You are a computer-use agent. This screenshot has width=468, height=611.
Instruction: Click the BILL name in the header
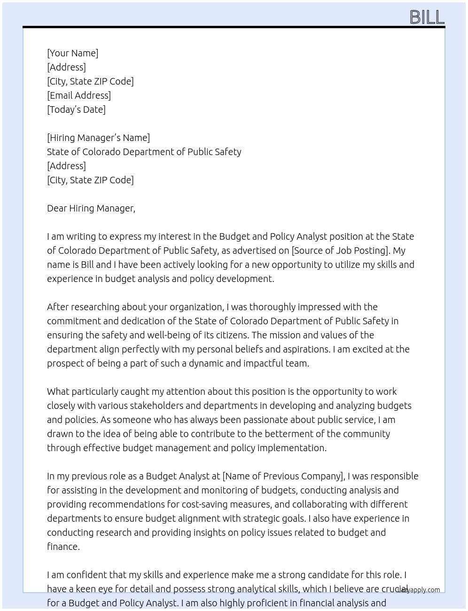[x=427, y=17]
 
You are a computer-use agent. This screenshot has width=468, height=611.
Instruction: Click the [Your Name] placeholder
[x=72, y=53]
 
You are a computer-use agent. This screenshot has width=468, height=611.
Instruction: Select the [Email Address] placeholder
[x=79, y=95]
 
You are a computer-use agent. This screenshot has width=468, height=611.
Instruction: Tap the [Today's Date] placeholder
[x=76, y=110]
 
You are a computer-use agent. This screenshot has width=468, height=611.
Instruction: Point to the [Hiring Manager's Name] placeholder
[x=98, y=138]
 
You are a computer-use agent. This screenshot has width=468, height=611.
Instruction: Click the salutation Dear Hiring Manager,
[x=91, y=208]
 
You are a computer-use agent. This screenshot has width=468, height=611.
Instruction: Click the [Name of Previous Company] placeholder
[x=283, y=476]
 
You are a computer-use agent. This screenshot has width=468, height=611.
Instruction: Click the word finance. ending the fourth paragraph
[x=63, y=547]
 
